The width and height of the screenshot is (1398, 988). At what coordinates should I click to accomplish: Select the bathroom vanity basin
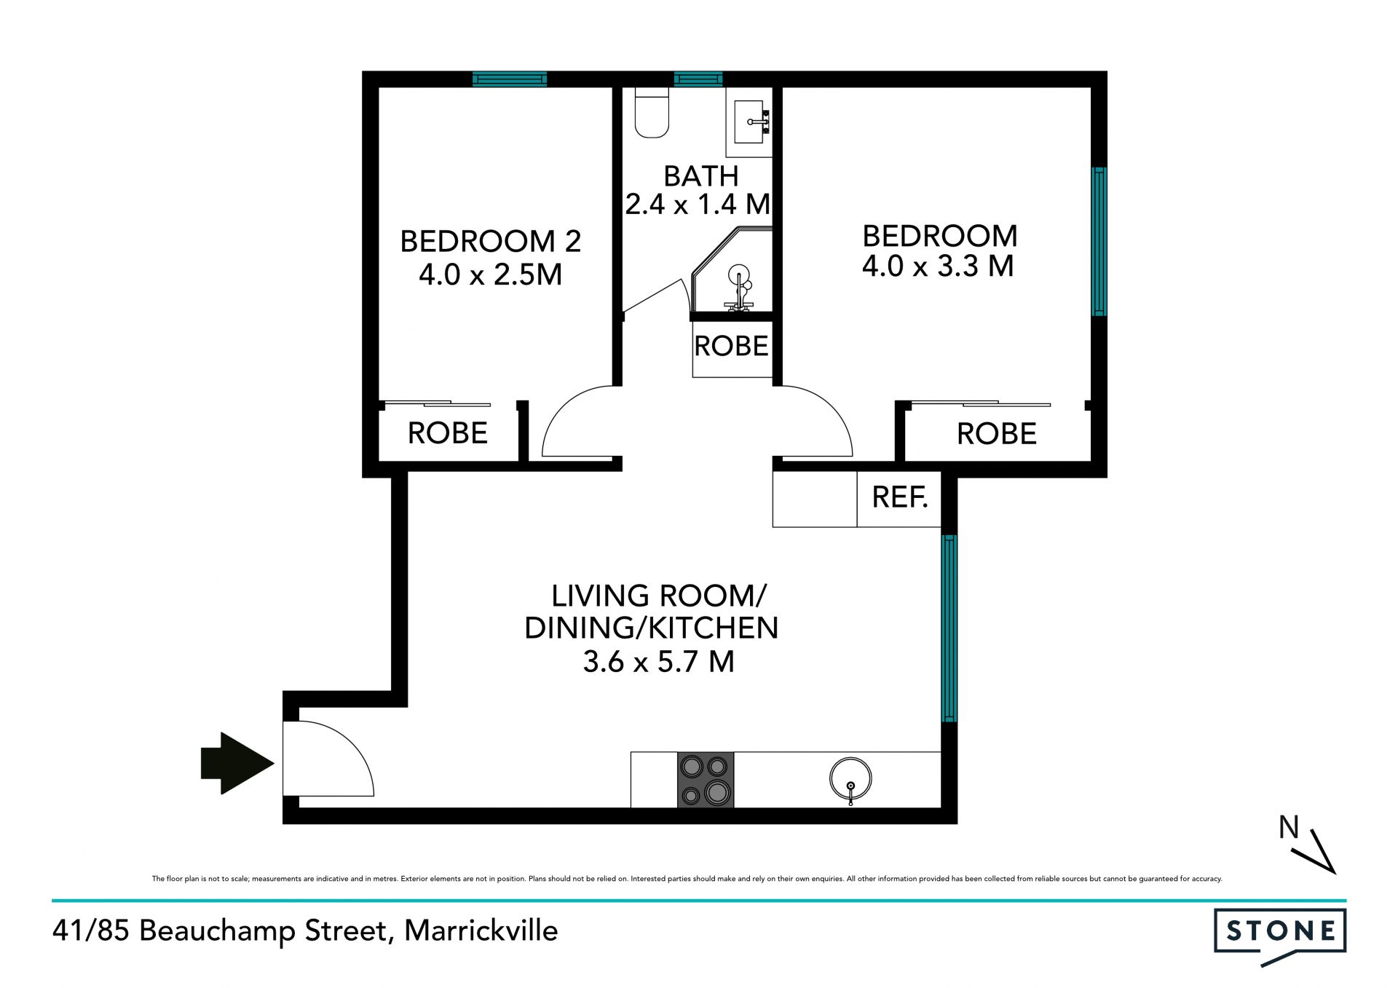749,122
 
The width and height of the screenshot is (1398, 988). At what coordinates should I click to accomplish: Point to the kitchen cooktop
706,780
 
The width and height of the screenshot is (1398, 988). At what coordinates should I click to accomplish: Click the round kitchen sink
850,780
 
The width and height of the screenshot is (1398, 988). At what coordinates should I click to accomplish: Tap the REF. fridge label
900,497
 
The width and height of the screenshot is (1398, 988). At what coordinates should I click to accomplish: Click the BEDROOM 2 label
491,241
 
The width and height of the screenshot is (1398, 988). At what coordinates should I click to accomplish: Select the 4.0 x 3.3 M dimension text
938,266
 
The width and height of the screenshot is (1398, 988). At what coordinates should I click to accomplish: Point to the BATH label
701,176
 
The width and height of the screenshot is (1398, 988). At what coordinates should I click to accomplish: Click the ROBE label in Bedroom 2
447,433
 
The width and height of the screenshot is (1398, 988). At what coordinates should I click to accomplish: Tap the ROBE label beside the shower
731,346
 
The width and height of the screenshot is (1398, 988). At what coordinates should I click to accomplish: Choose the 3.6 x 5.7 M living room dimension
658,662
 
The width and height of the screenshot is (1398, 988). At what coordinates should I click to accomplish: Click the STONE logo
1280,931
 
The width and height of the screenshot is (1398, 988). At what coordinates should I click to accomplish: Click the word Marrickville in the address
481,930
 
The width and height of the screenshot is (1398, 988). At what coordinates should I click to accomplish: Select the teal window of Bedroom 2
510,79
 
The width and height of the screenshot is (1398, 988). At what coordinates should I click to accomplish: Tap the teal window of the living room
949,628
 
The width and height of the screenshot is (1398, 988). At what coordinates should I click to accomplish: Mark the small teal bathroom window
698,79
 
